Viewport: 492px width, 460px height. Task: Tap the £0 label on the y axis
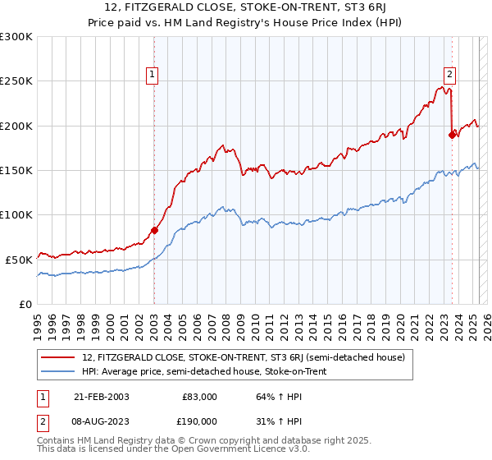coord(26,304)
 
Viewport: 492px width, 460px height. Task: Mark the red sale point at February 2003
coord(154,230)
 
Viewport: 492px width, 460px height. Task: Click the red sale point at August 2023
coord(452,136)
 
